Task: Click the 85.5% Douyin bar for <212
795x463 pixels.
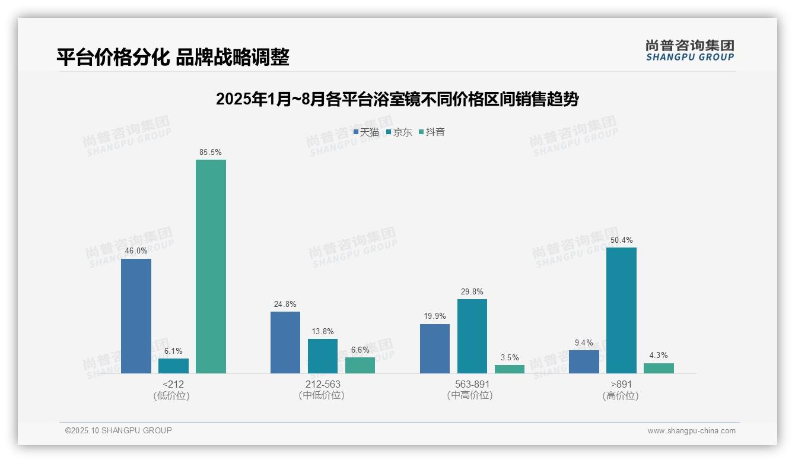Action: pyautogui.click(x=211, y=267)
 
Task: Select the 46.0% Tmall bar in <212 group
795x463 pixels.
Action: pyautogui.click(x=136, y=316)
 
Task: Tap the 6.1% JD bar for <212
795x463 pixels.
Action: pyautogui.click(x=173, y=366)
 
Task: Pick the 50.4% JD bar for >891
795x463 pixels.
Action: pyautogui.click(x=621, y=310)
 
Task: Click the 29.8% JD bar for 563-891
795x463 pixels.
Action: pyautogui.click(x=472, y=336)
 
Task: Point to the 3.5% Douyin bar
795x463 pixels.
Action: pyautogui.click(x=510, y=369)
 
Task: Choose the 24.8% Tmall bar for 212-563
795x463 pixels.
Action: pyautogui.click(x=285, y=343)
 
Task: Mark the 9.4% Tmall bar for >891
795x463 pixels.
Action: pyautogui.click(x=584, y=361)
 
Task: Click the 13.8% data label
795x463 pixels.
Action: pyautogui.click(x=323, y=331)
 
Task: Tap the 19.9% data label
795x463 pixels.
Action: pyautogui.click(x=435, y=316)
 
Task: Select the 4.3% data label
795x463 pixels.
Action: pyautogui.click(x=659, y=356)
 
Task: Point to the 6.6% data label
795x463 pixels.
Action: pyautogui.click(x=360, y=350)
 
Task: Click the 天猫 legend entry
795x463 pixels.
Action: pyautogui.click(x=366, y=132)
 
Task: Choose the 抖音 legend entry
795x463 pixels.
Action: pyautogui.click(x=432, y=132)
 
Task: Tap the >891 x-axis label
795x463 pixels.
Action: pyautogui.click(x=621, y=385)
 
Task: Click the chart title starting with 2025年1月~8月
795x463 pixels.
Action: pyautogui.click(x=397, y=99)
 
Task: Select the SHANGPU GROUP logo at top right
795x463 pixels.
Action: pyautogui.click(x=689, y=50)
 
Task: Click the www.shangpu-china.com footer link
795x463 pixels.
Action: pyautogui.click(x=691, y=431)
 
